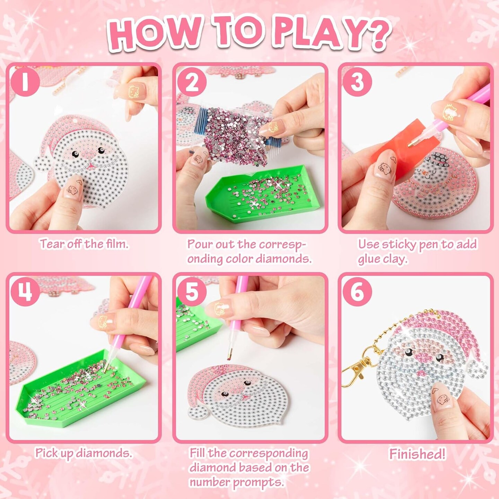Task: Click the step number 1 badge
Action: [x=25, y=82]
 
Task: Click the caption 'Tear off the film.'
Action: [x=84, y=244]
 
